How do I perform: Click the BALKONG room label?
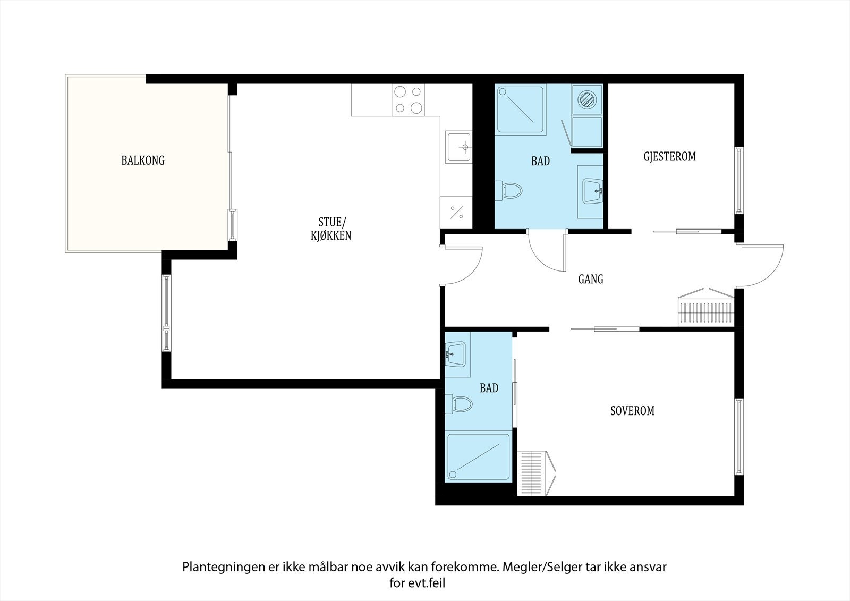(143, 160)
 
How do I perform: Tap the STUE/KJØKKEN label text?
(331, 229)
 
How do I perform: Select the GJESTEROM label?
(669, 156)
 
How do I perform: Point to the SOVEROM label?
(632, 411)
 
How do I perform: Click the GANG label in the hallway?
(590, 280)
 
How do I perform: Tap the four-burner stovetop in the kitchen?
(409, 100)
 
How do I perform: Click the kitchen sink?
(459, 147)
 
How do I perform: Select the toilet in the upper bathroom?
(508, 191)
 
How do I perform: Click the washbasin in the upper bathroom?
(593, 191)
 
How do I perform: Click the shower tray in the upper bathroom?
(521, 109)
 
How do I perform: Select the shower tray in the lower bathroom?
(479, 457)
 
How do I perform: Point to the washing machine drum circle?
(587, 99)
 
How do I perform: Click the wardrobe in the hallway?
(706, 307)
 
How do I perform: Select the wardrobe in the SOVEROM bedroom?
(537, 473)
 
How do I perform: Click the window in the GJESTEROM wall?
(739, 180)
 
